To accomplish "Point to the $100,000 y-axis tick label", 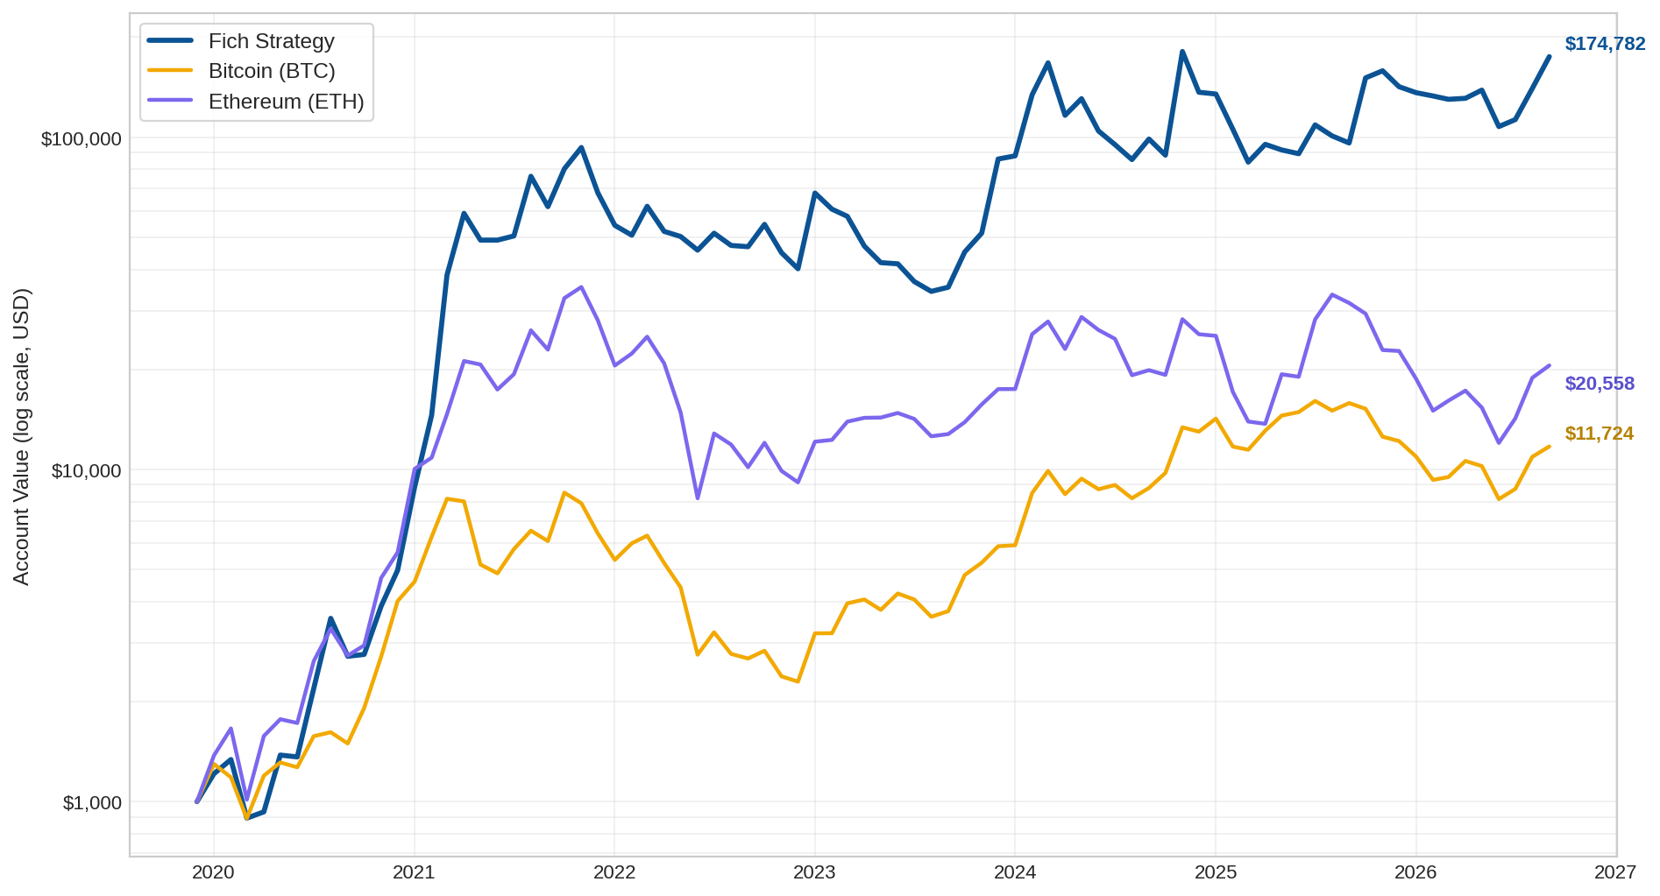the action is [82, 139].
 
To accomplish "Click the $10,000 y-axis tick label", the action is [87, 471].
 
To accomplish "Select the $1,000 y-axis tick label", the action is [92, 803].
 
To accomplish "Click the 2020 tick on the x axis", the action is [213, 872].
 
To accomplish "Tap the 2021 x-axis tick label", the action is [414, 872].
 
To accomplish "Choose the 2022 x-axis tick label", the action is [614, 872].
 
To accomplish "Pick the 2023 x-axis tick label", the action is [814, 872].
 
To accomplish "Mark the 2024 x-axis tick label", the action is [1015, 872].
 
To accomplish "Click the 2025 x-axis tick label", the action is [1216, 872].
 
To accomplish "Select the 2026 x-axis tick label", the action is [1415, 872].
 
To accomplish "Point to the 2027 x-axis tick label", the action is [1615, 872].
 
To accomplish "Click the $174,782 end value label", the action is [1606, 44].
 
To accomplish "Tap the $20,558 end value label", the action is [1600, 384].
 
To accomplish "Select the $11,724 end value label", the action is [1600, 434].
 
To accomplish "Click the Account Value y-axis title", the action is [22, 436].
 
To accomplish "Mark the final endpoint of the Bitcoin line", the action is [1549, 447].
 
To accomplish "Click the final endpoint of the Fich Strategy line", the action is [1549, 57].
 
